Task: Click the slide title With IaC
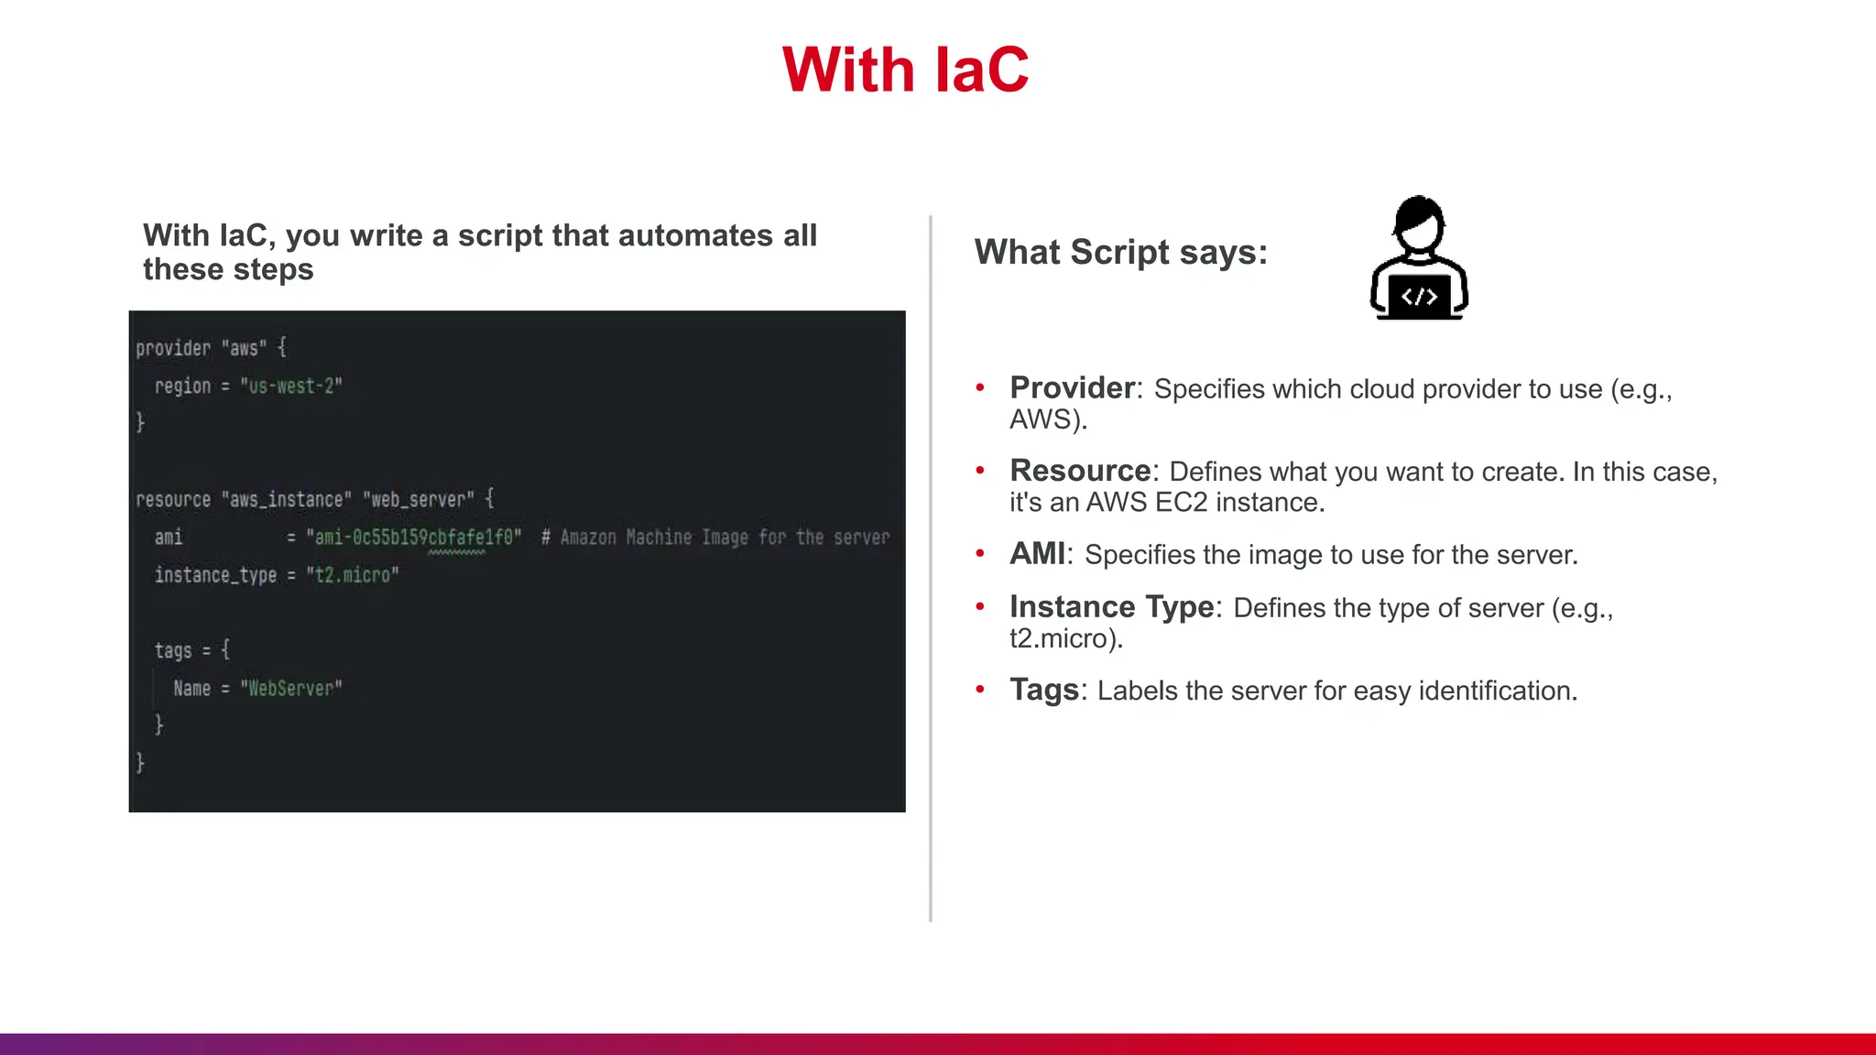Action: (905, 71)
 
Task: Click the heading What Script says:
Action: (1120, 252)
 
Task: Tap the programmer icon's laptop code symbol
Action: (1419, 297)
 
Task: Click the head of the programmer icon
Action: (1419, 223)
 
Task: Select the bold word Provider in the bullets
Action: (1073, 388)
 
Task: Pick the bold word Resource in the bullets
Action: (1080, 471)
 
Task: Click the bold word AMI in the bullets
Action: (1037, 554)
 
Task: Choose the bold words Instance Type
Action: (1111, 607)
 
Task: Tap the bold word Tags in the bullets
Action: (1044, 690)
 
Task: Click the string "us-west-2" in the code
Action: (291, 386)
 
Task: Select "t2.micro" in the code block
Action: (353, 575)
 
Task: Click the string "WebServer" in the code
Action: (291, 689)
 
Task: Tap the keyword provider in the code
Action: (173, 348)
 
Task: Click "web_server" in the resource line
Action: (419, 500)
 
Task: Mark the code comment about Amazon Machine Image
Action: (715, 538)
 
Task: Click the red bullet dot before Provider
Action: (980, 388)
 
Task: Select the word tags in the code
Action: (173, 651)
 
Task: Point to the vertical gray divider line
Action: (931, 568)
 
